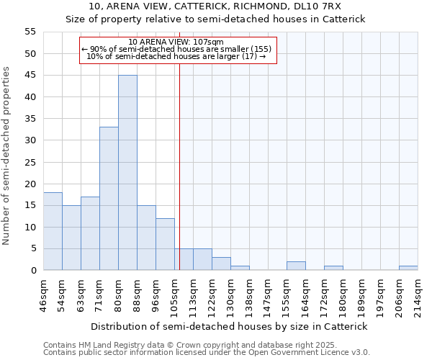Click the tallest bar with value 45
pos(127,173)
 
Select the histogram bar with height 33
pos(109,199)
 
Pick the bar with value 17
pos(90,233)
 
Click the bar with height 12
pos(165,244)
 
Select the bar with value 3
pos(221,264)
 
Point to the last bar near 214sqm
pos(408,268)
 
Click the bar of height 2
pos(296,266)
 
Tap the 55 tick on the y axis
pos(30,32)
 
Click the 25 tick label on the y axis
pos(30,162)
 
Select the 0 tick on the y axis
pos(33,271)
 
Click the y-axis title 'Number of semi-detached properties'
pos(7,156)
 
